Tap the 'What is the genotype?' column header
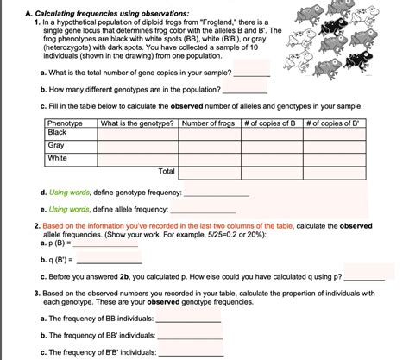[137, 124]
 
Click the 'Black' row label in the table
[58, 133]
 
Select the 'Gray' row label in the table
[57, 146]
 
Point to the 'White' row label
[58, 159]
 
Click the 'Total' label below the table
[167, 172]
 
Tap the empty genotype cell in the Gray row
[137, 146]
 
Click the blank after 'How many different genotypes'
[245, 90]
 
